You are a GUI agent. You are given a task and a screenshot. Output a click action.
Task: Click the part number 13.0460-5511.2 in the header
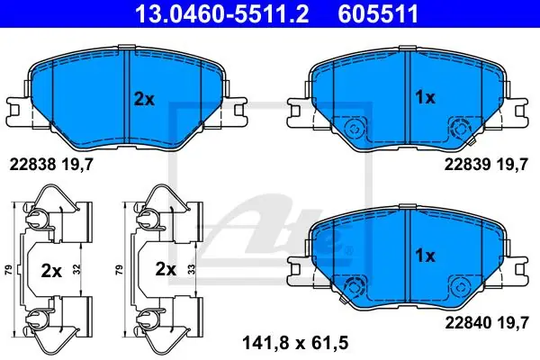tap(222, 13)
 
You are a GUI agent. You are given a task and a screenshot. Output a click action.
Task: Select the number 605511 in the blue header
tap(378, 13)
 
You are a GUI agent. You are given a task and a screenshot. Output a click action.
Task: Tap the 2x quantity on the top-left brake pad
tap(144, 100)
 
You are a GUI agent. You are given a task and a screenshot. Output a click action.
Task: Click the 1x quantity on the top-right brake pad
tap(426, 98)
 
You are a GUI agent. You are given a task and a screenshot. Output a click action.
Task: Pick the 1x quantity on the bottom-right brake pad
tap(426, 256)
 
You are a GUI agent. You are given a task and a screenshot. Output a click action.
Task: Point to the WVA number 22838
tap(32, 165)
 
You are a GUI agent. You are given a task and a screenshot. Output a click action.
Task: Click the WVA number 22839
tap(467, 165)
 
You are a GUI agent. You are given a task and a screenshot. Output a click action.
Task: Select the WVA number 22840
tap(468, 323)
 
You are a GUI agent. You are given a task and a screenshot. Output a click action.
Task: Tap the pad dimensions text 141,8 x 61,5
tap(295, 343)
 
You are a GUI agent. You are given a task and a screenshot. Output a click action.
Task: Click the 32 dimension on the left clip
tap(76, 269)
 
